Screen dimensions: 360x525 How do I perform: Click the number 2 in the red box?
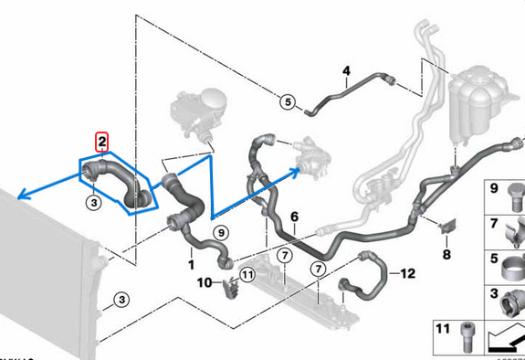pos(102,141)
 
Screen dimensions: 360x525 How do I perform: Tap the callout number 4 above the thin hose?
pos(346,71)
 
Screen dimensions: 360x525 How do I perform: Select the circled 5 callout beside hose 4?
pos(287,102)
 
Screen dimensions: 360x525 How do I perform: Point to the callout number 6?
pos(294,217)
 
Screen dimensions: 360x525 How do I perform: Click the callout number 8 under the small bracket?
pos(446,253)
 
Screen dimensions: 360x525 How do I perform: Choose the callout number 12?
pos(407,272)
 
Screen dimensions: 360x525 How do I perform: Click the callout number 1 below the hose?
pos(191,264)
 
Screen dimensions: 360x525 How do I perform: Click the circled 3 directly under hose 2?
pos(94,200)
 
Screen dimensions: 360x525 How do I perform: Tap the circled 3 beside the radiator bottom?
pos(121,300)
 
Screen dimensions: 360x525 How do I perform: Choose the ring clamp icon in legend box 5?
pos(508,265)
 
